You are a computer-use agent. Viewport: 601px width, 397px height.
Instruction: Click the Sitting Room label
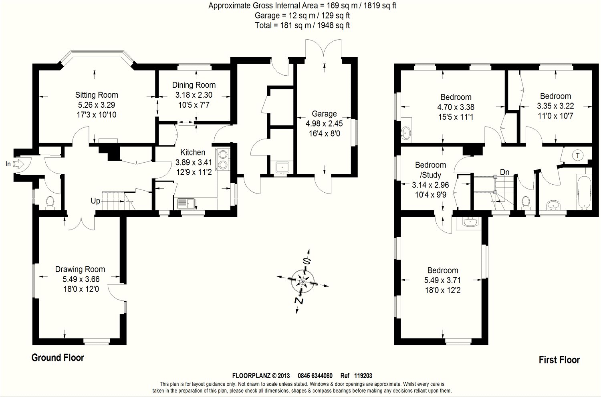point(97,95)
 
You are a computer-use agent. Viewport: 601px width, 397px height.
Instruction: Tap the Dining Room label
point(194,85)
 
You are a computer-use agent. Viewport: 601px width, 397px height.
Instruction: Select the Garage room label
point(324,114)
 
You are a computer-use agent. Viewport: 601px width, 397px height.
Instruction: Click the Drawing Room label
point(80,270)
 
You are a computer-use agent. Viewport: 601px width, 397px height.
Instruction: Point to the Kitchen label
point(193,152)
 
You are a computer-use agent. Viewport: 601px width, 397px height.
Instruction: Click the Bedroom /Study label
point(430,170)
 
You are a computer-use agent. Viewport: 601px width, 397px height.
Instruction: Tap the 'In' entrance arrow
point(18,163)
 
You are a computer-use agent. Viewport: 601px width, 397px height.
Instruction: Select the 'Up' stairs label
point(95,201)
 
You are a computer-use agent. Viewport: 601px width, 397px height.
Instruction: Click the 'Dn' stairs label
point(504,172)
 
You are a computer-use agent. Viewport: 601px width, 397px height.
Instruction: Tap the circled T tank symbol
point(577,155)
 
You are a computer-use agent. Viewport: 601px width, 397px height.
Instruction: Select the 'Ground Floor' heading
point(58,358)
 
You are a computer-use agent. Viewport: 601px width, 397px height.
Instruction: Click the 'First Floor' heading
point(559,360)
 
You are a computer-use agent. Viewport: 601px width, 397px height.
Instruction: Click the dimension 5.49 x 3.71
point(443,280)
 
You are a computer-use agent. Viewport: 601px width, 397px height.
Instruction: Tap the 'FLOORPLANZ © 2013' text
point(261,376)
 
